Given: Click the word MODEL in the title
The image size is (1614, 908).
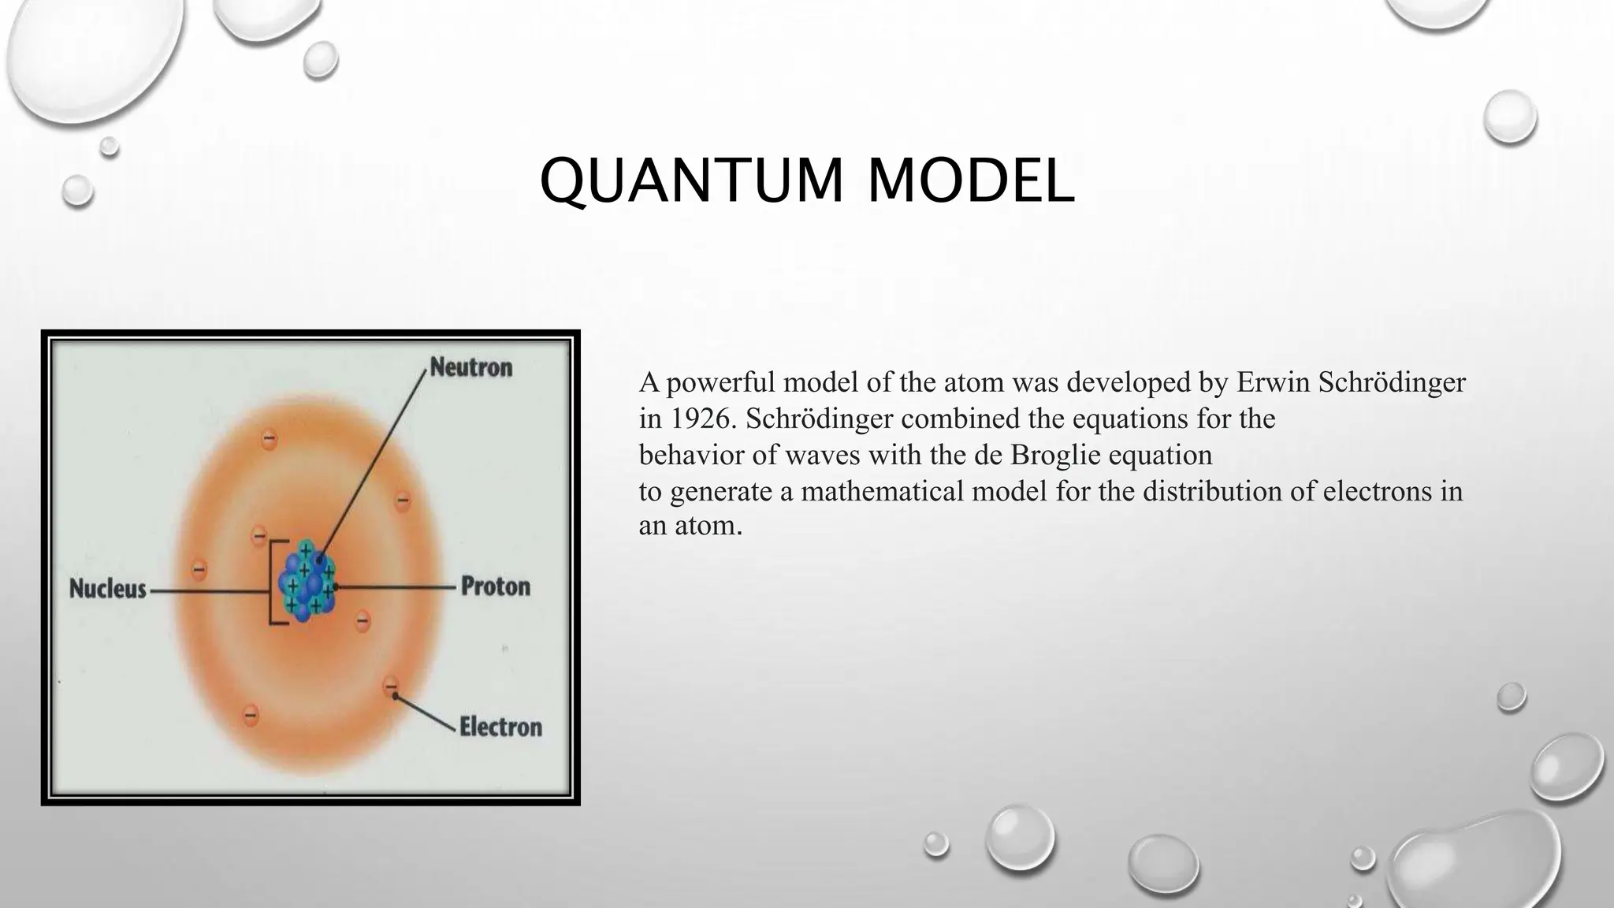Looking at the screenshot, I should (x=970, y=181).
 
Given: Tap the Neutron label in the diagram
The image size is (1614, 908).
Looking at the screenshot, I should (x=470, y=367).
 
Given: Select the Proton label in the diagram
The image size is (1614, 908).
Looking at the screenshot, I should (x=495, y=586).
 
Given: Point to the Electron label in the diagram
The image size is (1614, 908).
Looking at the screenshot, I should (x=500, y=726).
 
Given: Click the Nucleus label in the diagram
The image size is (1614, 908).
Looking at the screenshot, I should (x=108, y=589).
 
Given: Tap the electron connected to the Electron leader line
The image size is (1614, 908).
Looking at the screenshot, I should (x=390, y=686).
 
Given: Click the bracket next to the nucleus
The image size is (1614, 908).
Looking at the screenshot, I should (x=273, y=583).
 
